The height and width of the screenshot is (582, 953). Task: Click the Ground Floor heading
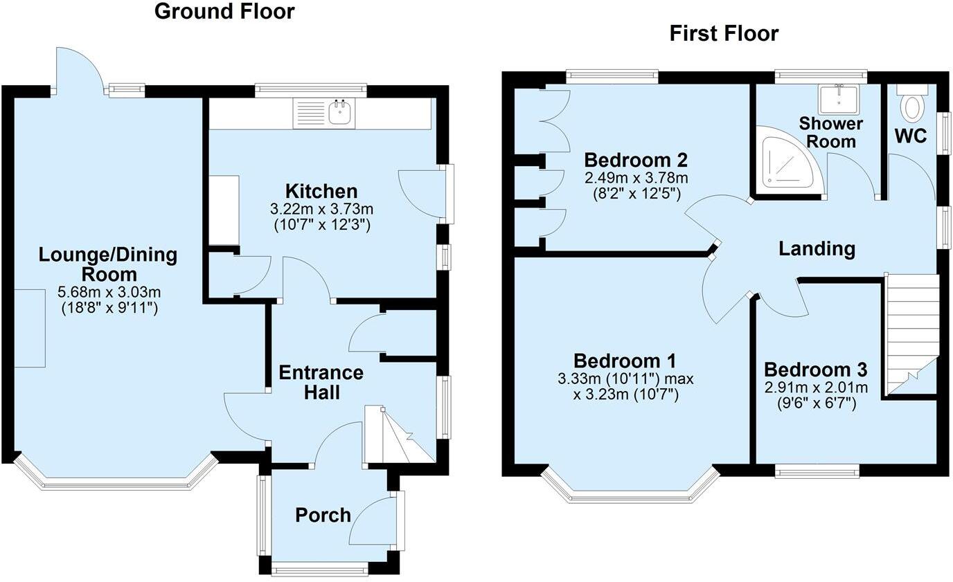[224, 12]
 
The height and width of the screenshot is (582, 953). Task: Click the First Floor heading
[724, 33]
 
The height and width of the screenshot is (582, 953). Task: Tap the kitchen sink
[339, 113]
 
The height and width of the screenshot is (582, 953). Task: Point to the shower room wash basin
[838, 100]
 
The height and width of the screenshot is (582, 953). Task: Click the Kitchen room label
[322, 191]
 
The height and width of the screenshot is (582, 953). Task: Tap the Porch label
[323, 515]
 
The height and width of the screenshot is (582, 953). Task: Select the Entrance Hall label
[321, 382]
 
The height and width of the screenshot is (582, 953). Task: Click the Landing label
[817, 248]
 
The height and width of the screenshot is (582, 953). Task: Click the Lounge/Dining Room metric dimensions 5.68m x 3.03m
[108, 292]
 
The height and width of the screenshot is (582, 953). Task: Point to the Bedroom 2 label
[635, 160]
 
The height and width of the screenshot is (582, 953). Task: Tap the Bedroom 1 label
[625, 361]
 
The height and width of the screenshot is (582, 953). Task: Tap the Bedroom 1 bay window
[630, 493]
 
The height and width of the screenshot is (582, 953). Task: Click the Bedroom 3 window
[817, 472]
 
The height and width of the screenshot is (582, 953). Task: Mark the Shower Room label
[830, 132]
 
